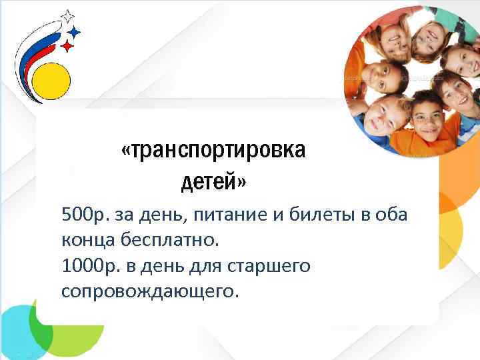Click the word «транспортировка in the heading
click(x=214, y=151)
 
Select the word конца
click(x=86, y=241)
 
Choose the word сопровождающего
click(x=149, y=291)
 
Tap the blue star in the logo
click(x=75, y=31)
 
